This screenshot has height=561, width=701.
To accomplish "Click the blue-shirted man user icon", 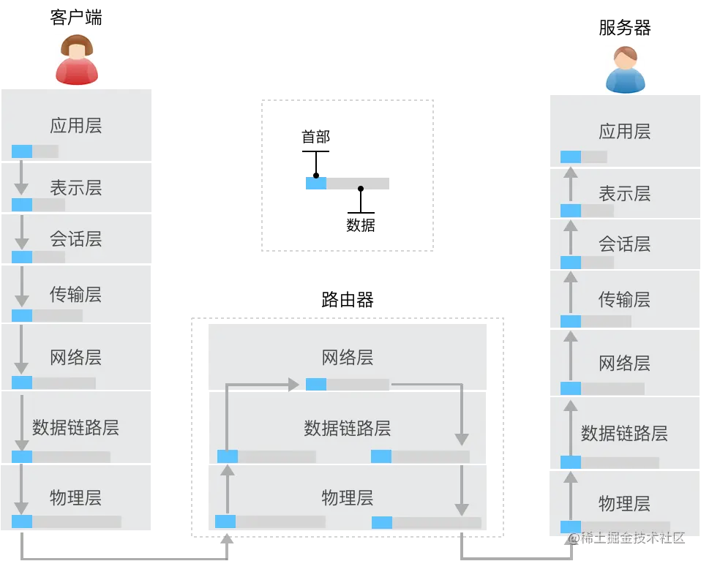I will pos(626,68).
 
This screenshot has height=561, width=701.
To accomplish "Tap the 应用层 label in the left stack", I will pos(76,126).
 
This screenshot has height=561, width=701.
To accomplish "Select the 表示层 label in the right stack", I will pos(624,194).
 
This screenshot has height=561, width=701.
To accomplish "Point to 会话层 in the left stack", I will pos(76,239).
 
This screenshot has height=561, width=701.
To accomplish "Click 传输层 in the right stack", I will pos(624,299).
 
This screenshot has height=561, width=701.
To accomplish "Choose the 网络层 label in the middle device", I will pos(348,358).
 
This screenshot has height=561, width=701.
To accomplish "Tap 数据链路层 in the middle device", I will pos(348,428).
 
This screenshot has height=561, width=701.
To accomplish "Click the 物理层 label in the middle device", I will pos(348,498).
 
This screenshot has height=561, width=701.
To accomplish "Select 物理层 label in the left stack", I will pos(76,498).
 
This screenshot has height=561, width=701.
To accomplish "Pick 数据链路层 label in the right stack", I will pos(624,433).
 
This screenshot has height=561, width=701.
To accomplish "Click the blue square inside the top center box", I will pos(315,183).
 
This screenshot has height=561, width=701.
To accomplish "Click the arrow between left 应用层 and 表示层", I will pos(21,178).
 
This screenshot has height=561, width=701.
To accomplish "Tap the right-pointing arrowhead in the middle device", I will pos(293,385).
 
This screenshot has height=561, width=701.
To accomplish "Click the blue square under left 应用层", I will pos(22,151).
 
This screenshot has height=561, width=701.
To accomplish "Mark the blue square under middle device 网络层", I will pos(316,385).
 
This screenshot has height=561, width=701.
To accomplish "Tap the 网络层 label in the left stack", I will pos(76,358).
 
